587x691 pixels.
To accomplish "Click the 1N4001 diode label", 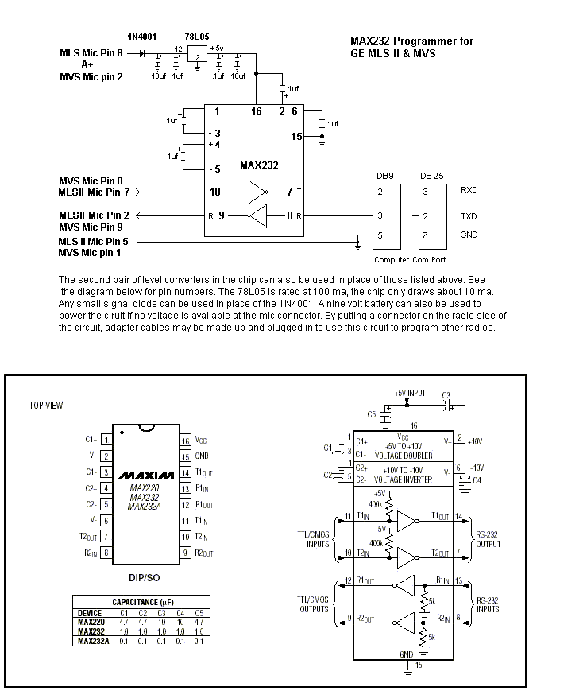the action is pyautogui.click(x=141, y=37).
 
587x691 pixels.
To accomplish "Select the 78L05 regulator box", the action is pyautogui.click(x=197, y=55).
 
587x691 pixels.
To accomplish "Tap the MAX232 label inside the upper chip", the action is pyautogui.click(x=259, y=165).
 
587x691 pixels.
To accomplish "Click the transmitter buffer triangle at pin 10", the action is pyautogui.click(x=257, y=192).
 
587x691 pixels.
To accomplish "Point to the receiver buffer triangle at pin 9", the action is pyautogui.click(x=257, y=216).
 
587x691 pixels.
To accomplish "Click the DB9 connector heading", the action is pyautogui.click(x=385, y=176).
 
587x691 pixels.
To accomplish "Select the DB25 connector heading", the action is pyautogui.click(x=431, y=176).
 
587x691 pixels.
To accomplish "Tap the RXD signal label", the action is pyautogui.click(x=469, y=190).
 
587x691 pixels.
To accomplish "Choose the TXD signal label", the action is pyautogui.click(x=469, y=216).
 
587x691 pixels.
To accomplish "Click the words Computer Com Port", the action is pyautogui.click(x=410, y=259).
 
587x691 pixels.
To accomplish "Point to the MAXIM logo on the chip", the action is pyautogui.click(x=146, y=476).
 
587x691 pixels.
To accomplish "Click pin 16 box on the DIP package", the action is pyautogui.click(x=185, y=441).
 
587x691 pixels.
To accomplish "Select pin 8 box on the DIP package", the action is pyautogui.click(x=106, y=553).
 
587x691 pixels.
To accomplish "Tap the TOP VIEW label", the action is pyautogui.click(x=46, y=405).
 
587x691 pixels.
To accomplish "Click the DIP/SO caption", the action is pyautogui.click(x=144, y=578).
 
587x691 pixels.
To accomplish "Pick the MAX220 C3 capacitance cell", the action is pyautogui.click(x=161, y=623).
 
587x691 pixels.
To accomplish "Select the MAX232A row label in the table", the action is pyautogui.click(x=94, y=641).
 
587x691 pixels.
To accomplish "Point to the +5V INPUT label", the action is pyautogui.click(x=410, y=393).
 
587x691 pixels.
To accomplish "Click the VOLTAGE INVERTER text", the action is pyautogui.click(x=403, y=479).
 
